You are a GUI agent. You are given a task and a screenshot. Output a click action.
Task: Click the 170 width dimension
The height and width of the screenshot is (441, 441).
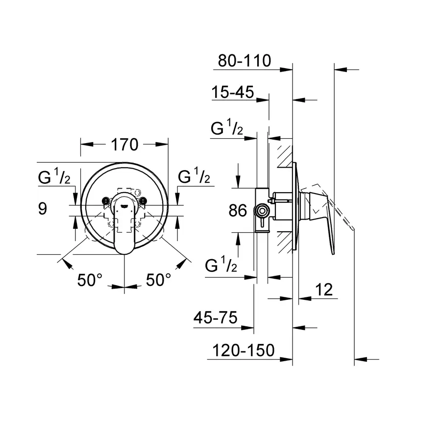(124, 145)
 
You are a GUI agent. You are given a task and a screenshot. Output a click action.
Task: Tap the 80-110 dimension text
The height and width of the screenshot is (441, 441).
(245, 60)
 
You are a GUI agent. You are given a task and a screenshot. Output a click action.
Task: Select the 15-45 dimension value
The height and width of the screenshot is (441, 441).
(233, 92)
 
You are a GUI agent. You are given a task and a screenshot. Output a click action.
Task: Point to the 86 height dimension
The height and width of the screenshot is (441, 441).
(238, 210)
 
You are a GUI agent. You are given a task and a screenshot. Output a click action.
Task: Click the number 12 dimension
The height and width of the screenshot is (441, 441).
(324, 290)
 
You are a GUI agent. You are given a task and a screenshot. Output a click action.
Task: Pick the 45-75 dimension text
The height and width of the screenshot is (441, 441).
(216, 318)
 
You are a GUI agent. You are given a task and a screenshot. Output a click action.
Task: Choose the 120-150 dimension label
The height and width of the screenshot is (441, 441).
(243, 350)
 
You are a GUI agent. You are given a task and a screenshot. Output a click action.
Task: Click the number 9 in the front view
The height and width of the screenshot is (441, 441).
(43, 209)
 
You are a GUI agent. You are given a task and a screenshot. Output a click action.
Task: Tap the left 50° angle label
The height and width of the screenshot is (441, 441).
(90, 280)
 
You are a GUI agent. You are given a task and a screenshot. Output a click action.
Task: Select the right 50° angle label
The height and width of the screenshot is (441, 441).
(158, 280)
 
